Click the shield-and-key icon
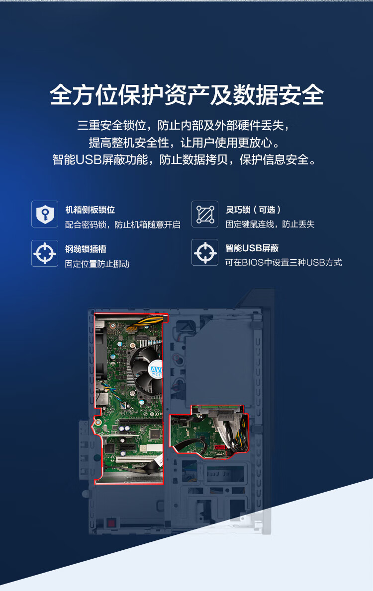pos(45,214)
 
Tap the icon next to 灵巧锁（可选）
pos(205,214)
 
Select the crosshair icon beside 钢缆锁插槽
pos(45,253)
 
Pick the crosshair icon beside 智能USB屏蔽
pos(205,253)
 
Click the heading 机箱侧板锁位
pos(90,210)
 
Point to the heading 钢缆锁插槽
pos(86,249)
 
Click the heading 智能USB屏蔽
pos(252,248)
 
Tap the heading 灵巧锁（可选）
pos(253,210)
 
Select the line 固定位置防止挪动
pos(97,264)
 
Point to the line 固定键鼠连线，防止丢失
pos(270,224)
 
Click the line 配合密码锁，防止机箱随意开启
pos(122,224)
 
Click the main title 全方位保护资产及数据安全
pos(186,95)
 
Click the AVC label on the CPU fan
pos(156,370)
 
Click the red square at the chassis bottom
pos(111,522)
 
